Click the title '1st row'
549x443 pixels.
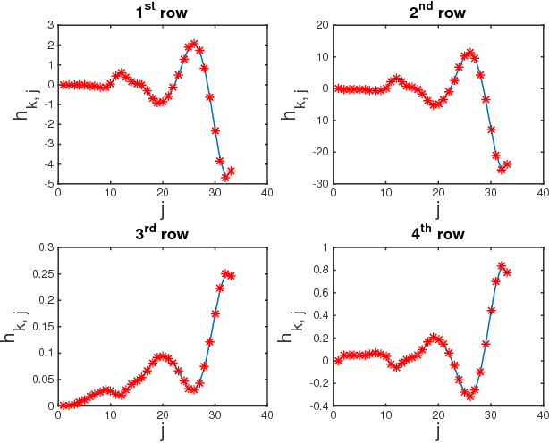coord(162,12)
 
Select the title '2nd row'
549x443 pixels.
coord(437,12)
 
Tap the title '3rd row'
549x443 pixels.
coord(162,235)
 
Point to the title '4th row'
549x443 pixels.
coord(437,235)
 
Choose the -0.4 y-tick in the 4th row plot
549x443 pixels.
coord(317,405)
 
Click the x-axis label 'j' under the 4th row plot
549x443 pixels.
coord(438,433)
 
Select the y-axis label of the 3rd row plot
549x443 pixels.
coord(20,326)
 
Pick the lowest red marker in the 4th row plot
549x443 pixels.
coord(469,395)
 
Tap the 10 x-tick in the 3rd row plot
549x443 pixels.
coord(110,415)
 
